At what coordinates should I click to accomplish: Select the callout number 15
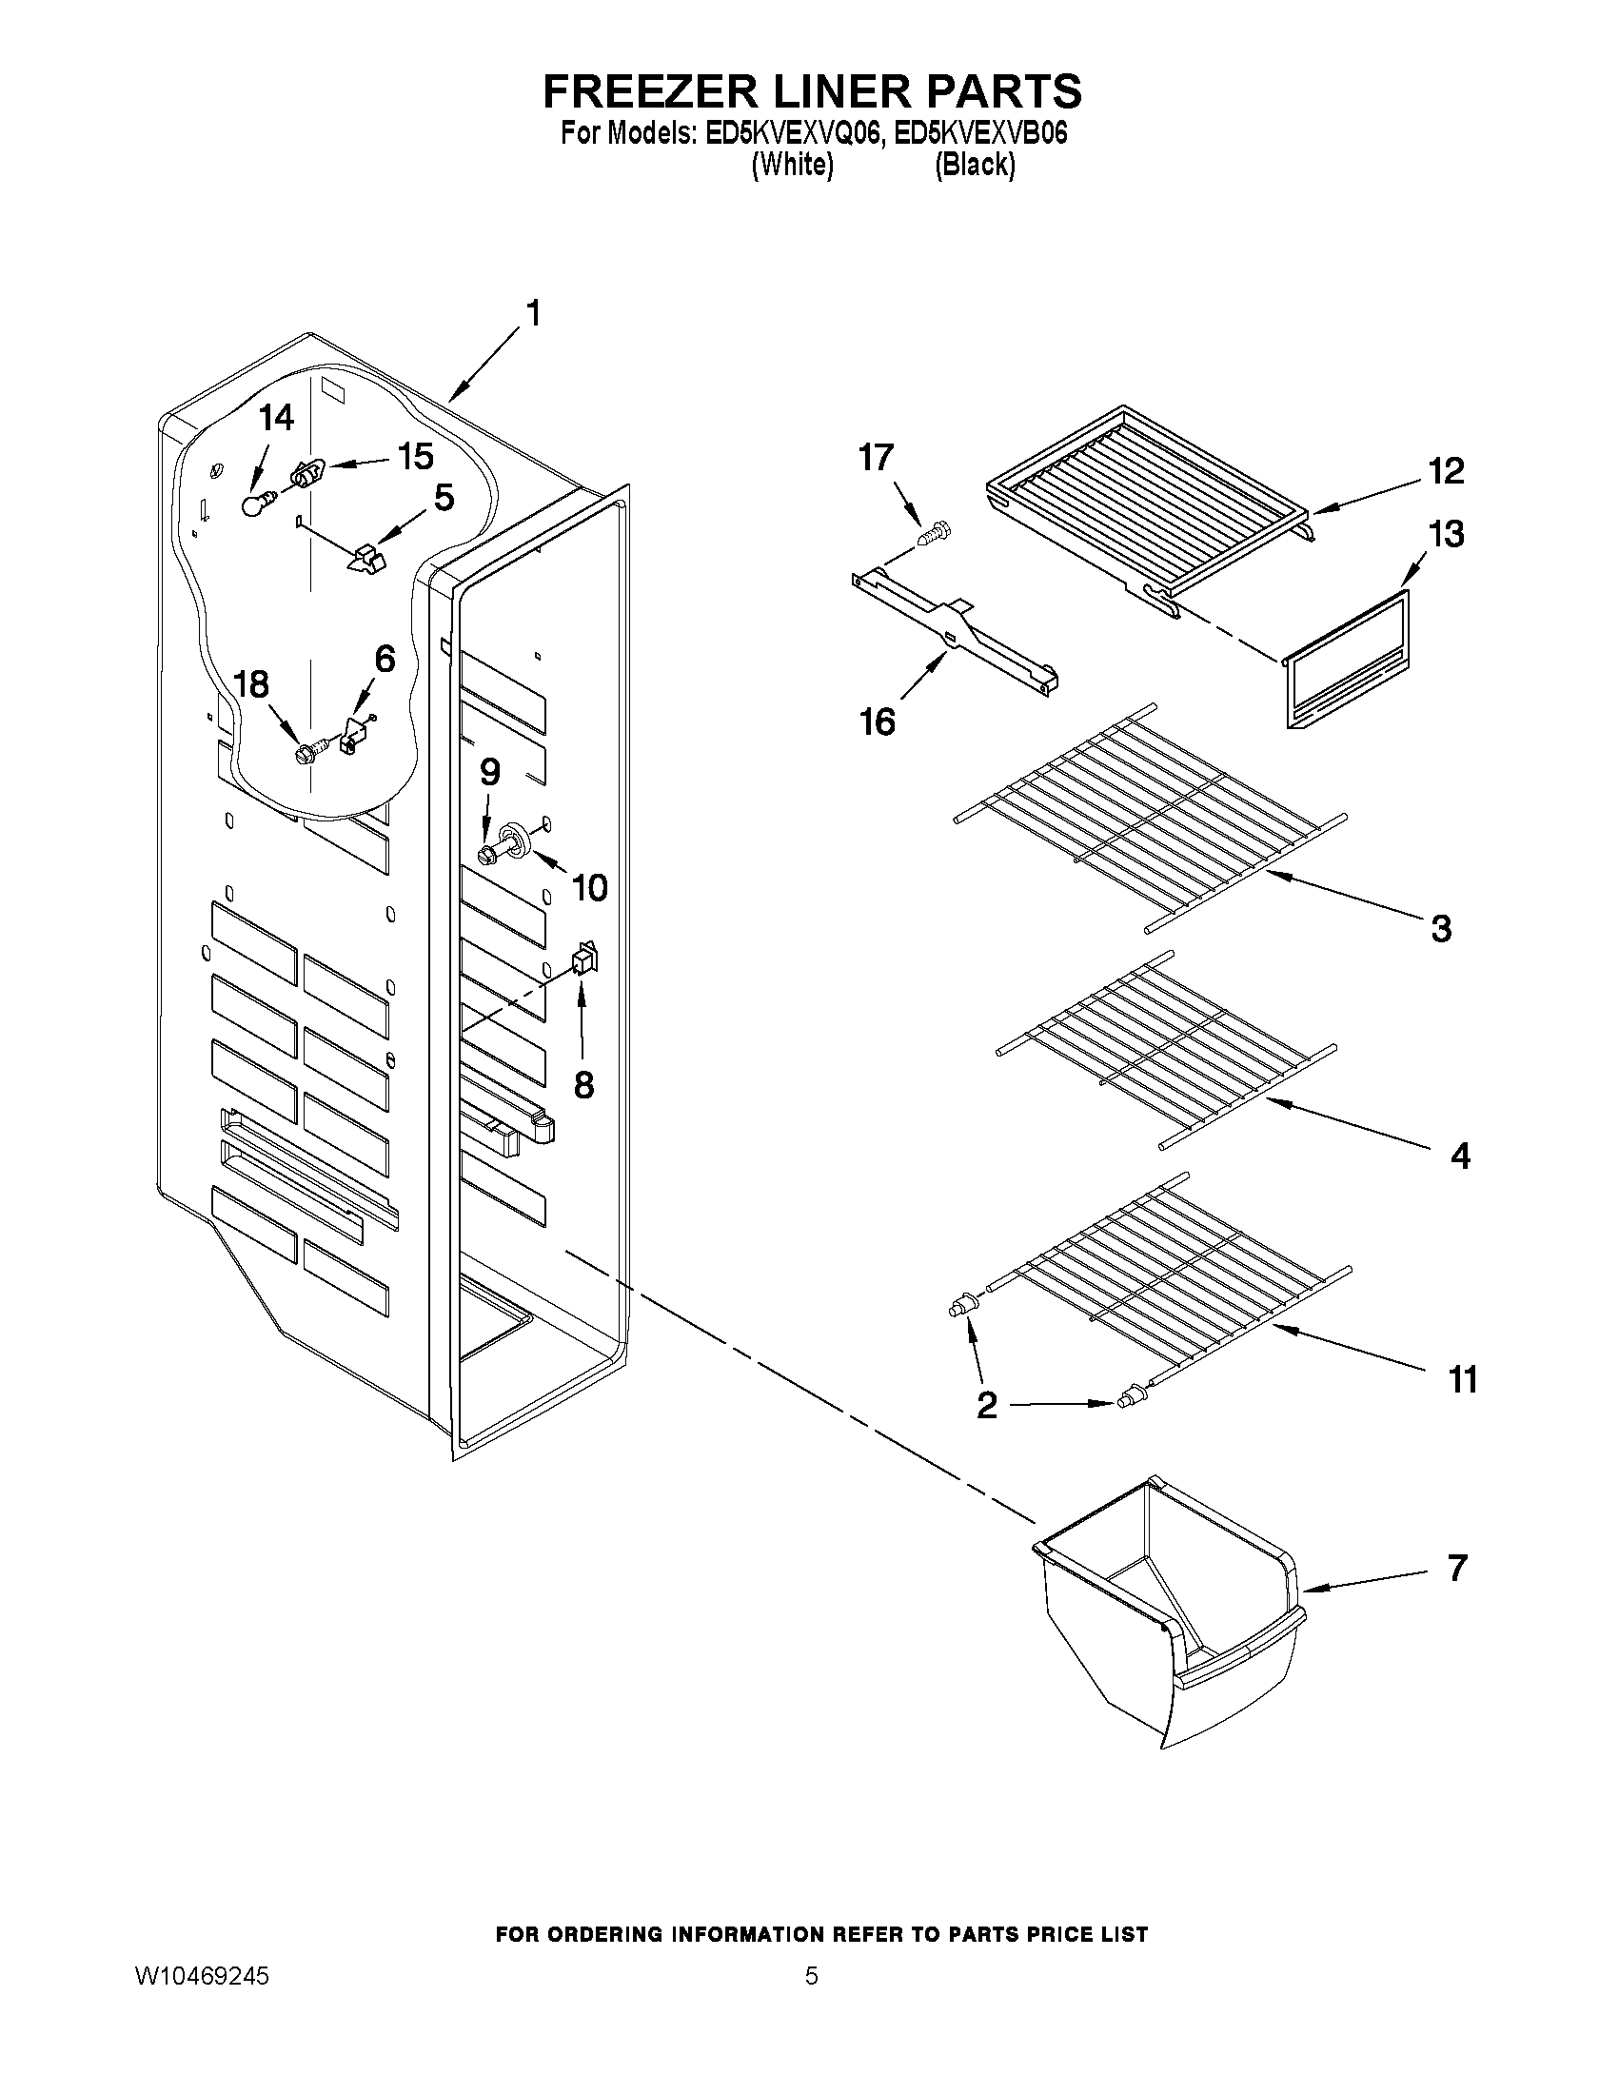415,458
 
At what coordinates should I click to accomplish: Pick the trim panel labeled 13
1346,659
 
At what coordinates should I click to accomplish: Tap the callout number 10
589,888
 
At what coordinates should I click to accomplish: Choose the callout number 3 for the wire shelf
1441,928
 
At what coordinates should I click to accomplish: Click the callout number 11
1462,1379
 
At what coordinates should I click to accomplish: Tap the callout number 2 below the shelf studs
987,1407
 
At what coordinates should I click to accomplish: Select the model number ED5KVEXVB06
979,133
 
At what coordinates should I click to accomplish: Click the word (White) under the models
791,165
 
